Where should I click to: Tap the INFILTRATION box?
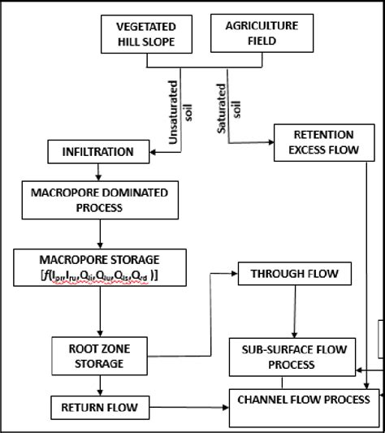tap(100, 150)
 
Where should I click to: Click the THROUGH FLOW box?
tap(283, 274)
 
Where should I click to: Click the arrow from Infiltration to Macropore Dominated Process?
tap(98, 171)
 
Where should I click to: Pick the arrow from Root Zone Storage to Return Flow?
tap(99, 384)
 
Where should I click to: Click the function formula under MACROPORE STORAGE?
tap(98, 277)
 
